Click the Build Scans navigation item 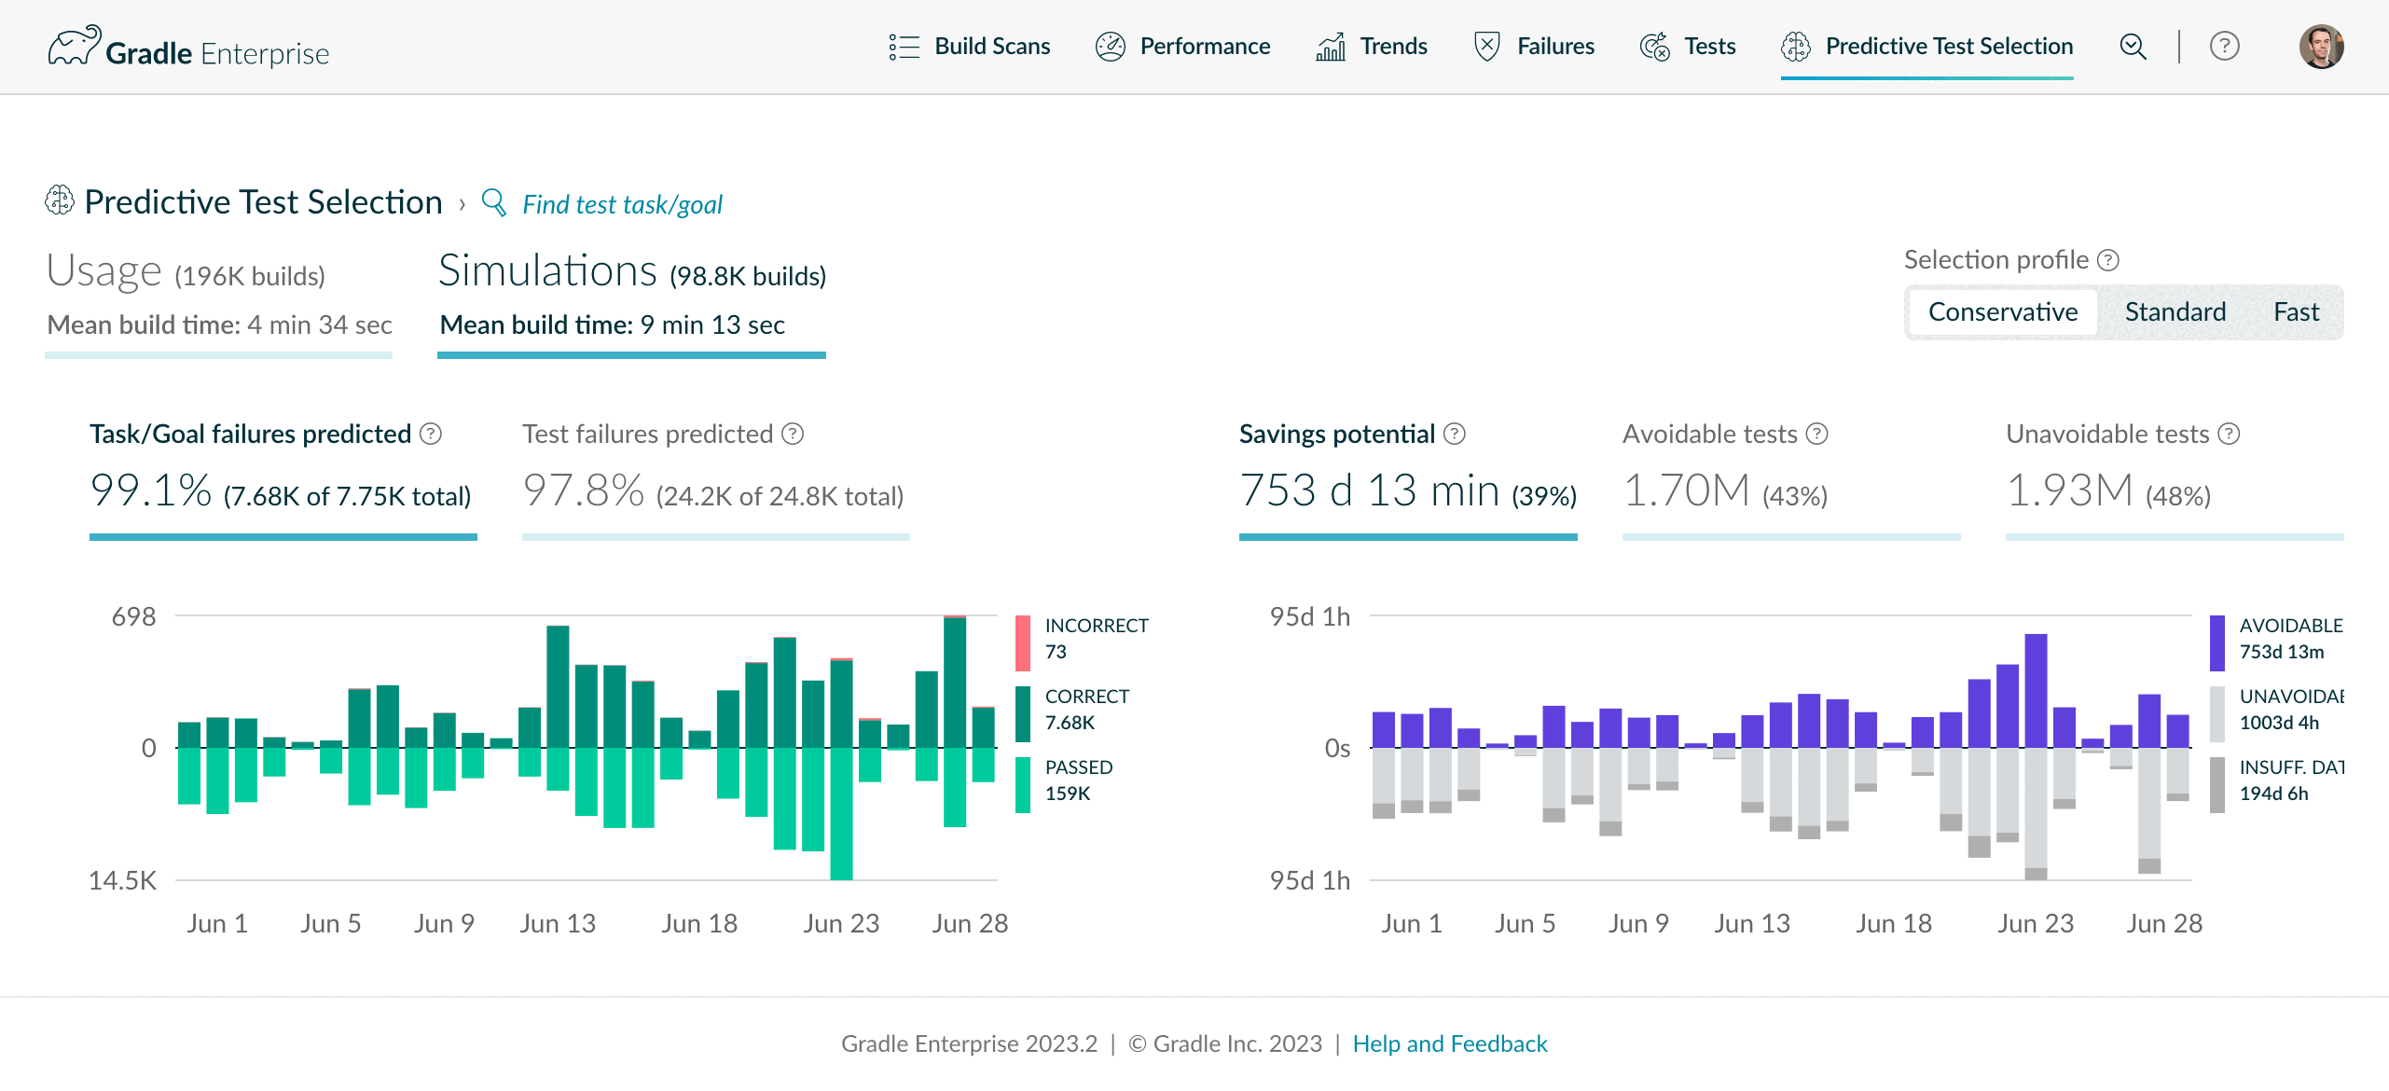coord(970,47)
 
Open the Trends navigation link coord(1372,47)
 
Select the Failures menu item coord(1534,47)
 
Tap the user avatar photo coord(2321,47)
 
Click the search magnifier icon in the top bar coord(2133,47)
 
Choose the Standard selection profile coord(2175,312)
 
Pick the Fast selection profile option coord(2296,312)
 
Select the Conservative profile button coord(2003,312)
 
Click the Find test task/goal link coord(622,204)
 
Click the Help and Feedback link coord(1450,1043)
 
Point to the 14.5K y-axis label coord(122,880)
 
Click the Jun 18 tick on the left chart coord(699,923)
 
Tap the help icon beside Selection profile coord(2108,260)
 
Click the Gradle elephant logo coord(75,46)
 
